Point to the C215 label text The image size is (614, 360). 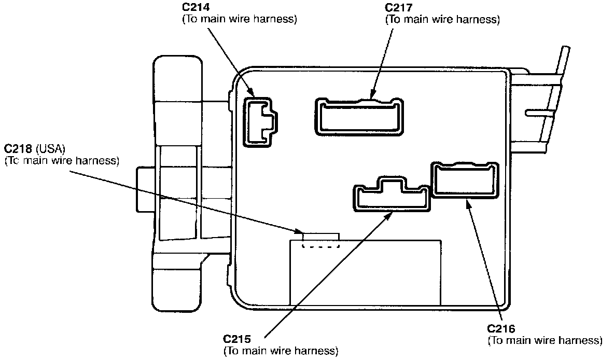tap(237, 340)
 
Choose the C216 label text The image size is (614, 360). tap(501, 329)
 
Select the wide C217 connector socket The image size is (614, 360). tap(360, 116)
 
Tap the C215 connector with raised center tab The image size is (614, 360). tap(392, 195)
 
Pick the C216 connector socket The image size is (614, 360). tap(465, 180)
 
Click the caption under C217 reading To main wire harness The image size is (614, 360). tap(442, 20)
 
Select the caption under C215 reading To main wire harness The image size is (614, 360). tap(281, 351)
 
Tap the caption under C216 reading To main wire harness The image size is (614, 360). tap(545, 341)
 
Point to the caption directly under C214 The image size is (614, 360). tap(239, 20)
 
